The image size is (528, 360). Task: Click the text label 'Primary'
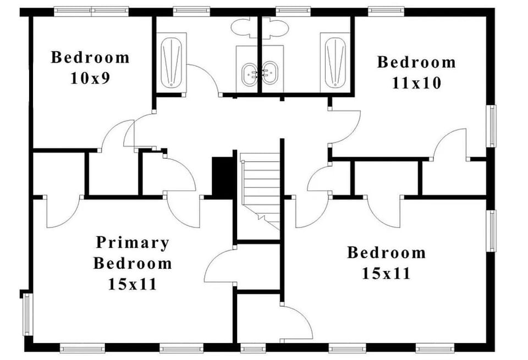click(132, 242)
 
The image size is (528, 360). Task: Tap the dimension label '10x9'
click(90, 78)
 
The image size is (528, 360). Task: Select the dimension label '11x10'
click(416, 83)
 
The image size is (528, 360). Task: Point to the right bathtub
click(335, 61)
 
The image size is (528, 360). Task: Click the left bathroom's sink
click(250, 72)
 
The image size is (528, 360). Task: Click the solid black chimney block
click(223, 178)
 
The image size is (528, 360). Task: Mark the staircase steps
click(260, 187)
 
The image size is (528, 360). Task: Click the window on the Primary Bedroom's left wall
click(27, 314)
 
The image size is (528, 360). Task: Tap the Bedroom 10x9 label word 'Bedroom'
click(90, 57)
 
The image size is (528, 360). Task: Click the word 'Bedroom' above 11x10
click(416, 62)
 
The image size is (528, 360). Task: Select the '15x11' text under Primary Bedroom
click(132, 284)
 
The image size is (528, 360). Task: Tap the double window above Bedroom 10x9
click(91, 10)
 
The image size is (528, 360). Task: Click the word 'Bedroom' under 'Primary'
click(132, 263)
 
